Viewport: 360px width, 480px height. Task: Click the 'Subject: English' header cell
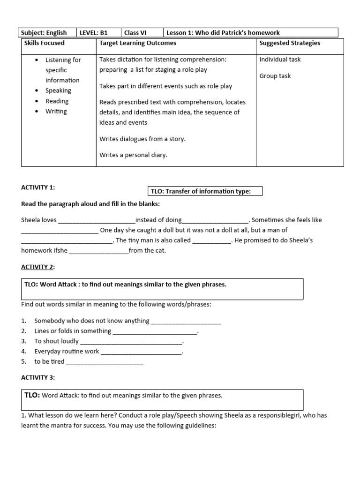click(x=44, y=33)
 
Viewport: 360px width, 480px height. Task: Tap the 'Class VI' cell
click(x=135, y=33)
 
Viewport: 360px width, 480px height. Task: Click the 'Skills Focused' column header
click(x=45, y=43)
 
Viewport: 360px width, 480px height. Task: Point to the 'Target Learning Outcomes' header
click(x=138, y=43)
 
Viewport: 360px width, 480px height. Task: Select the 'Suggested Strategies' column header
click(x=290, y=43)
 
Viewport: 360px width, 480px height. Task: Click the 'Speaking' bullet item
click(x=58, y=90)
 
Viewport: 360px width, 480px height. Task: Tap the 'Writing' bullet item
click(x=56, y=111)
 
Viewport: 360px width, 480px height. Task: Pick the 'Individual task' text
click(x=280, y=60)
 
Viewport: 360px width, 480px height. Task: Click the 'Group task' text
click(x=275, y=76)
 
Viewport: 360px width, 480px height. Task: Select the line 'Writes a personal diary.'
click(x=133, y=155)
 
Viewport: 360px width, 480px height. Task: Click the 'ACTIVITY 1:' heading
click(x=38, y=187)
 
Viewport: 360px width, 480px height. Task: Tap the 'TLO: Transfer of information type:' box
click(x=205, y=191)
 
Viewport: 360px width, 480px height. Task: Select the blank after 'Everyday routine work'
click(x=142, y=352)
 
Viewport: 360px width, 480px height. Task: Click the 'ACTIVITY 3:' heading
click(x=38, y=377)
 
